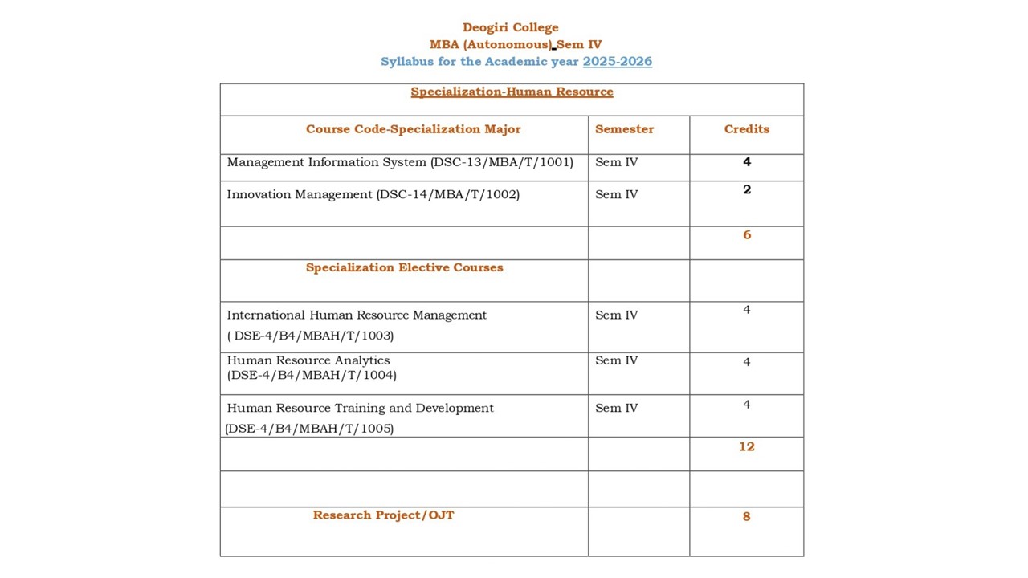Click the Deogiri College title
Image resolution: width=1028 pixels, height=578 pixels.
pos(510,27)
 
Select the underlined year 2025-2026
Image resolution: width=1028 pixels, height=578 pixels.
pos(617,62)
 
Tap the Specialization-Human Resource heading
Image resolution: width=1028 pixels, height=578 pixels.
pos(512,92)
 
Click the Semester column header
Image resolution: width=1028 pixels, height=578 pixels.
pos(624,129)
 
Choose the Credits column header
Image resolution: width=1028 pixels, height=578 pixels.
pos(746,129)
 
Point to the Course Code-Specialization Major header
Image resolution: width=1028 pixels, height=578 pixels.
pos(413,129)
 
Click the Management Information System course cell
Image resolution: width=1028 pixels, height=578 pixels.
pos(400,162)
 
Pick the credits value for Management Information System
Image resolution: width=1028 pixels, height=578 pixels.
pos(747,162)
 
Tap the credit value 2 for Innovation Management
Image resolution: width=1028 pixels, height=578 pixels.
pos(747,190)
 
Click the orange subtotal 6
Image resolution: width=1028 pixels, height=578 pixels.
pos(747,234)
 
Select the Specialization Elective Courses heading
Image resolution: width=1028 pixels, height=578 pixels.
pos(404,267)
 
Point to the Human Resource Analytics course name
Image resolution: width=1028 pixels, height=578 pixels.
pos(308,360)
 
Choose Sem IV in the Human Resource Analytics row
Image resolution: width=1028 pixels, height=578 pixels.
pos(616,360)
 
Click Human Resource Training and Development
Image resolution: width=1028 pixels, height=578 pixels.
pos(360,408)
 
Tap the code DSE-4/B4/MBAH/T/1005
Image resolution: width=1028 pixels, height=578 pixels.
pos(310,429)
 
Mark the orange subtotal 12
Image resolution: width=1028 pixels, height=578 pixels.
pos(747,446)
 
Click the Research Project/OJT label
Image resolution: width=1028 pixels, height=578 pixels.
pos(383,515)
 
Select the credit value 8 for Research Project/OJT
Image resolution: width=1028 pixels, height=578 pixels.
pos(747,516)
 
